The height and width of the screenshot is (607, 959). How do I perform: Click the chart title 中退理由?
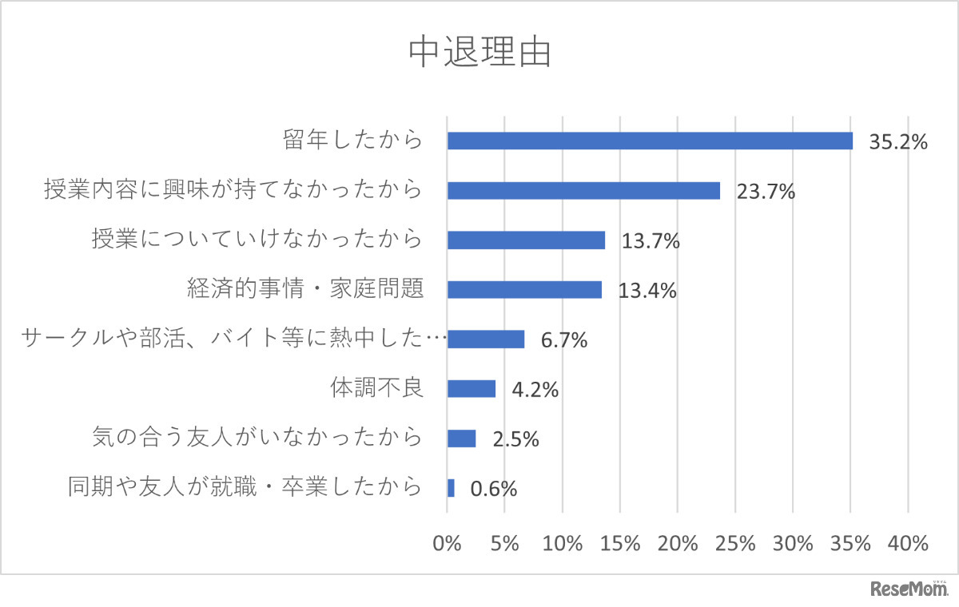click(479, 54)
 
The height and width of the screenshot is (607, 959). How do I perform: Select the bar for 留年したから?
click(649, 141)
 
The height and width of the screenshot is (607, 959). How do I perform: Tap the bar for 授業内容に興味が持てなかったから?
click(583, 191)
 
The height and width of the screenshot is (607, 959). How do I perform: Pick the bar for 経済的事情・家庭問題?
click(524, 290)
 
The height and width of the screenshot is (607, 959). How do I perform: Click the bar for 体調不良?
click(472, 389)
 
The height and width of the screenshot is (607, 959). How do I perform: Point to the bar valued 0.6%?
click(451, 488)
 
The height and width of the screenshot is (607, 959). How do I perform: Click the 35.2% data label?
click(897, 143)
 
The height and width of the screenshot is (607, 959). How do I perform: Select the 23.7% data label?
click(766, 192)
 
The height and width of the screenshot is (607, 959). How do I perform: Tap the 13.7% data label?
click(651, 242)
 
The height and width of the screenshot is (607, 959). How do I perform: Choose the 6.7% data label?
click(563, 341)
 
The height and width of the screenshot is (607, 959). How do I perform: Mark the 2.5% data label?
click(515, 440)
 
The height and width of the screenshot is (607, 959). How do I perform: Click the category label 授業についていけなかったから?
click(257, 240)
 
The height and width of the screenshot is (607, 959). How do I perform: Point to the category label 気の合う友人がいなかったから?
click(257, 438)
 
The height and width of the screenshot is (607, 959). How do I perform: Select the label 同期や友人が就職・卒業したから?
click(245, 487)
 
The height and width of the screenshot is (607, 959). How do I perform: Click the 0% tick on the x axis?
click(448, 544)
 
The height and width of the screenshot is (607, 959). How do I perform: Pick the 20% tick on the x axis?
click(678, 544)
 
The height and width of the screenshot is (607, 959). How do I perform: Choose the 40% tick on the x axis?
click(908, 544)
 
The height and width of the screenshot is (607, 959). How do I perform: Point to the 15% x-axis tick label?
click(620, 544)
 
